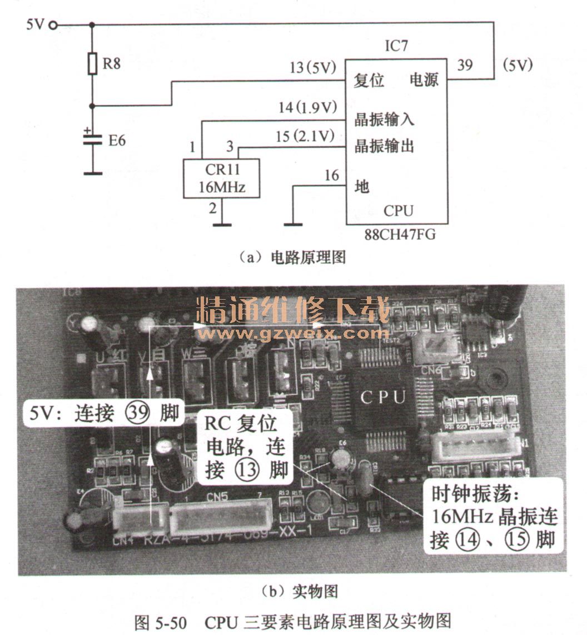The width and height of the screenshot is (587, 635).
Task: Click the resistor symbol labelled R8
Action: [x=93, y=63]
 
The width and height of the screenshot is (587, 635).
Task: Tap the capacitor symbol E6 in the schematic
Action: [x=93, y=138]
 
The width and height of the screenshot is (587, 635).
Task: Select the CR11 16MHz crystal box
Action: [x=222, y=178]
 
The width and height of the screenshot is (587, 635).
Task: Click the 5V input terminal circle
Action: [x=53, y=24]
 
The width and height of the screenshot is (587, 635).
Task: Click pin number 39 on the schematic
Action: [x=465, y=66]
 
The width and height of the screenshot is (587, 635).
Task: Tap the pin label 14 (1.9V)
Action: [x=307, y=108]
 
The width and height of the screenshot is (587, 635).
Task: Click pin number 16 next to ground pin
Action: [x=331, y=176]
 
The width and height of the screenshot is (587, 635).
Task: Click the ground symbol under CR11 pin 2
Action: [x=222, y=225]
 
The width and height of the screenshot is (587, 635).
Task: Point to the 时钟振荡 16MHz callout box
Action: [x=494, y=517]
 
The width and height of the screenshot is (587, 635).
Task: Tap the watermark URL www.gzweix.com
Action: [x=293, y=334]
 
